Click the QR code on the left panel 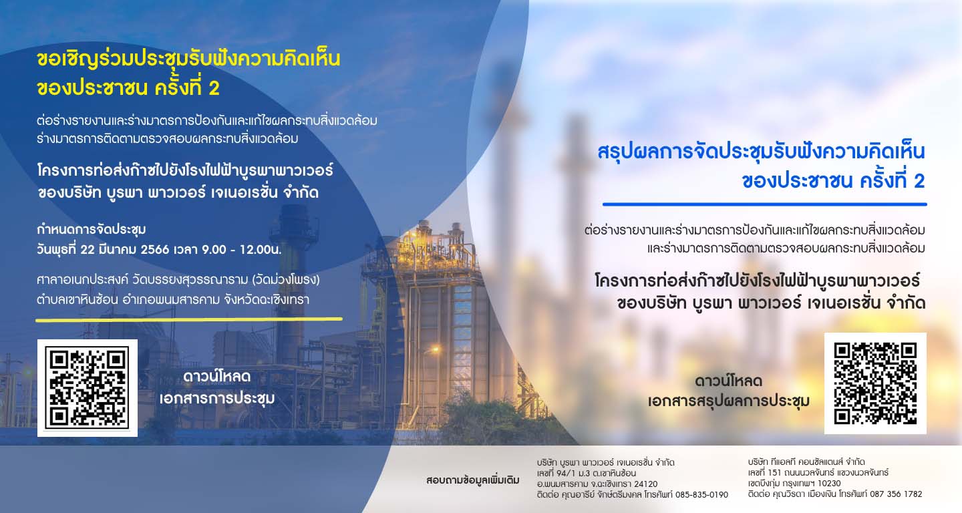pos(87,387)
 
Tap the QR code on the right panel pos(875,383)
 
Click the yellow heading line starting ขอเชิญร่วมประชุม pos(188,59)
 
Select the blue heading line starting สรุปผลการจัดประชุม pos(761,152)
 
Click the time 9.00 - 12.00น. pos(242,249)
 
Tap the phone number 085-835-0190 pos(701,494)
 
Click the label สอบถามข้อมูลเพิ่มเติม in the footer pos(473,480)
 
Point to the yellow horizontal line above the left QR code pos(189,319)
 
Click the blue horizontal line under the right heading pos(764,204)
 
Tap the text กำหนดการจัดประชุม pos(92,230)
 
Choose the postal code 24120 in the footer pos(645,484)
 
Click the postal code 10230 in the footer pos(829,484)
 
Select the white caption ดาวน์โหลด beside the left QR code pos(217,377)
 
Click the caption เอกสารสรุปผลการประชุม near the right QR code pos(729,401)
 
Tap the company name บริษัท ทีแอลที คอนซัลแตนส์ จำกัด pos(806,462)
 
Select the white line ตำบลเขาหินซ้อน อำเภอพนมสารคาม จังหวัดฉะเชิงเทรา pos(173,300)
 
